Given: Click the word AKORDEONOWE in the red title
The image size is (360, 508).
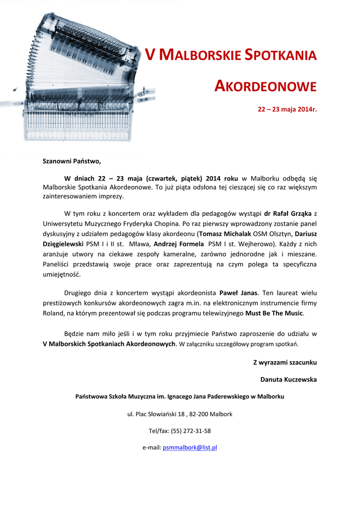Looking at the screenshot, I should click(265, 86).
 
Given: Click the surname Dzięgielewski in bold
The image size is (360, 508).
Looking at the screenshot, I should click(63, 244).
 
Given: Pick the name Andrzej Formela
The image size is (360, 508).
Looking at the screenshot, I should click(179, 244).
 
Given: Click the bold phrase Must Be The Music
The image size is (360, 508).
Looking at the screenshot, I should click(274, 313).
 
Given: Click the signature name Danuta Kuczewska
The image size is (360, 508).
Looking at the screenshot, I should click(288, 380).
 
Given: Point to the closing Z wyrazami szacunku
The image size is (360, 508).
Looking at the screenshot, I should click(285, 363).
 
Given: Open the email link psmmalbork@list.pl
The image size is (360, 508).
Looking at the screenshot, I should click(190, 447).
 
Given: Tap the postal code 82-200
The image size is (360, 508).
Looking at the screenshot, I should click(201, 414).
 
